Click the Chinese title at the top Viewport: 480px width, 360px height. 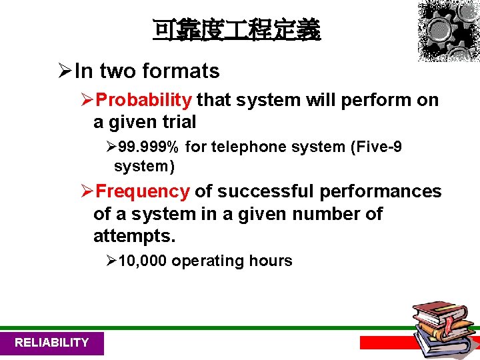coord(237,30)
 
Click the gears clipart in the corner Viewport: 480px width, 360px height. coord(448,31)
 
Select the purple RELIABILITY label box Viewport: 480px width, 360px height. coord(51,343)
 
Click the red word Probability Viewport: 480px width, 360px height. coord(144,100)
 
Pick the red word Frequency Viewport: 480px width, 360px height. coord(143,191)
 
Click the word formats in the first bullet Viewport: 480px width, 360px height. coord(181,71)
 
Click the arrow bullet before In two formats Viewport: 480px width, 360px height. coord(65,71)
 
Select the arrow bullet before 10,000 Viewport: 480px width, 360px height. coord(111,261)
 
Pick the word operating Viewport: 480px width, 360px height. coord(207,261)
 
